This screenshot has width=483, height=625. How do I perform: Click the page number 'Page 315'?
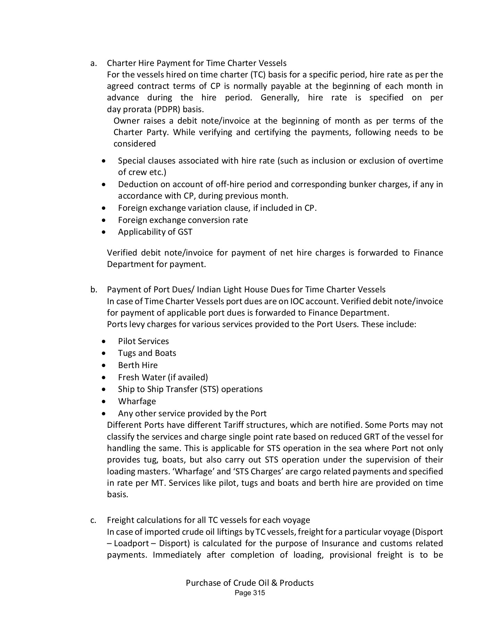(x=250, y=593)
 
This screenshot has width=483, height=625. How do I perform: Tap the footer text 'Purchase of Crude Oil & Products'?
(x=250, y=583)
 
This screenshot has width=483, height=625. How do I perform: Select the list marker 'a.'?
(x=93, y=63)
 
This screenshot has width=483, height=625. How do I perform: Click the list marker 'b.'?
(x=93, y=290)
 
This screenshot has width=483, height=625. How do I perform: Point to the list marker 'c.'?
(x=93, y=520)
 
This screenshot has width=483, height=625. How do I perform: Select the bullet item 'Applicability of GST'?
(x=155, y=232)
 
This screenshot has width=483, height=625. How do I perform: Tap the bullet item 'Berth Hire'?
(x=138, y=365)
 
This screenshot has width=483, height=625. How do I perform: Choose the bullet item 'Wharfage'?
(x=137, y=401)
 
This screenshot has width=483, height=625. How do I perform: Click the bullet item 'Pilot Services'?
(x=143, y=341)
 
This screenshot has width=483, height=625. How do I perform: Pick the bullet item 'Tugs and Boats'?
(x=147, y=353)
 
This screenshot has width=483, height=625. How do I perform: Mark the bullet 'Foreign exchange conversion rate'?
(x=183, y=220)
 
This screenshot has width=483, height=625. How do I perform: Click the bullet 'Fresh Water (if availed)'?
(x=163, y=377)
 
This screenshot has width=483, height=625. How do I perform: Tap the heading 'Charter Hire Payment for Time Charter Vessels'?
(x=197, y=63)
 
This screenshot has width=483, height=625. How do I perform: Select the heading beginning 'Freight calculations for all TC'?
(x=208, y=520)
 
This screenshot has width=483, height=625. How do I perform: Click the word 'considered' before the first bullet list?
(x=134, y=144)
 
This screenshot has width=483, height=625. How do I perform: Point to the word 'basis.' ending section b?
(x=117, y=494)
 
